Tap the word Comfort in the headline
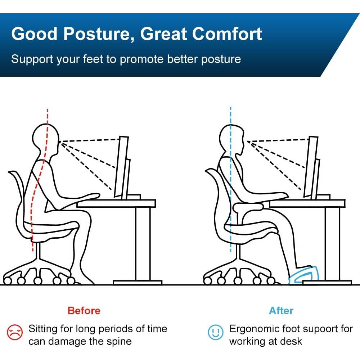click(227, 34)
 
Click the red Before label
click(84, 311)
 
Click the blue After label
click(281, 311)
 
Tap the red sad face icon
click(15, 332)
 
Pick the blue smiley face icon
click(215, 332)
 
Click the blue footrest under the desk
click(303, 275)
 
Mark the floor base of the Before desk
click(138, 282)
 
